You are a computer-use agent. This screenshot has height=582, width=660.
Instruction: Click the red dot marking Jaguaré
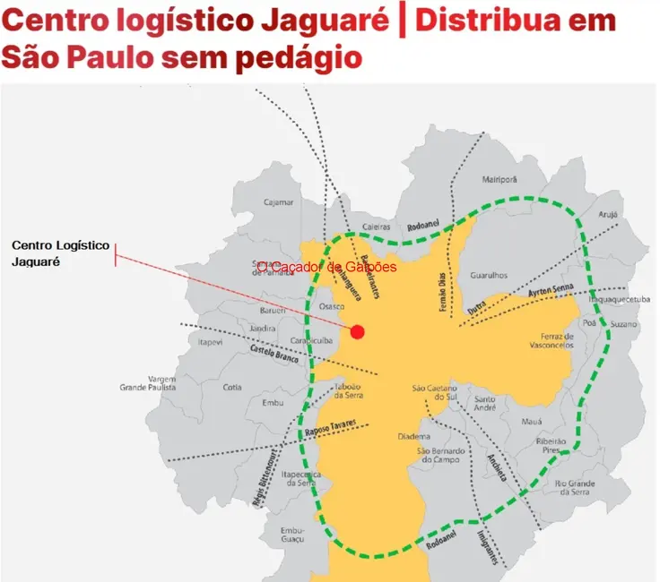358,332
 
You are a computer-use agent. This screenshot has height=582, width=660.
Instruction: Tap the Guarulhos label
490,276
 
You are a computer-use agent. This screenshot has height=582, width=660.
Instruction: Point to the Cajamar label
278,202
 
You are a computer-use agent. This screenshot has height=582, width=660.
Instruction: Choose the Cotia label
232,387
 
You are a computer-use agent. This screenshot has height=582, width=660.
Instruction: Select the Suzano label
625,324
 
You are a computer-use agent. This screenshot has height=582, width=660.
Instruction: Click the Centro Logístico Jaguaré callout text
60,253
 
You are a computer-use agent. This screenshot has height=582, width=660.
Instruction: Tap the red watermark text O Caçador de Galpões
326,267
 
